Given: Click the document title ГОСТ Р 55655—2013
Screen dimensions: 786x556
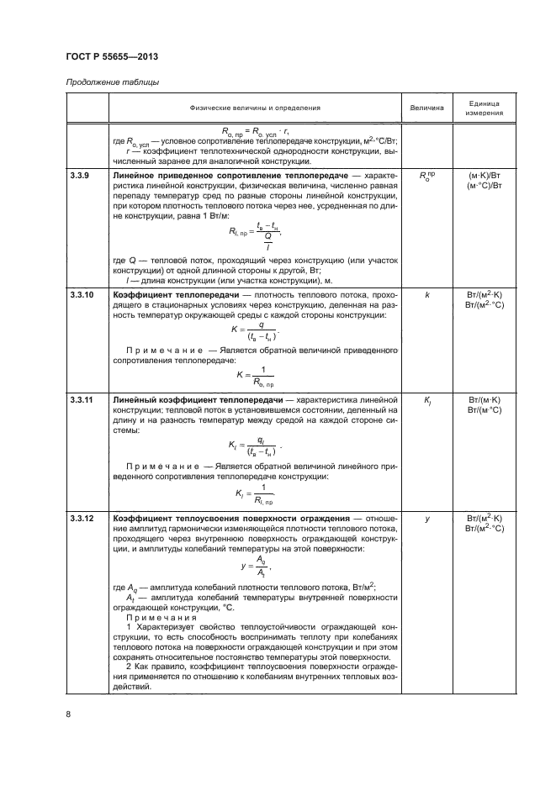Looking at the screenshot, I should click(x=112, y=56).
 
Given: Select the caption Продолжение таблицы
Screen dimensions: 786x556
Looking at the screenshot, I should click(x=109, y=82).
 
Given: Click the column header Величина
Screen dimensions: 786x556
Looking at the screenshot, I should click(x=426, y=108).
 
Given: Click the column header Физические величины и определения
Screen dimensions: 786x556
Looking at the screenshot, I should click(x=255, y=108).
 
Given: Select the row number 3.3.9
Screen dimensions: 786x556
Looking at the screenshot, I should click(x=80, y=175).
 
